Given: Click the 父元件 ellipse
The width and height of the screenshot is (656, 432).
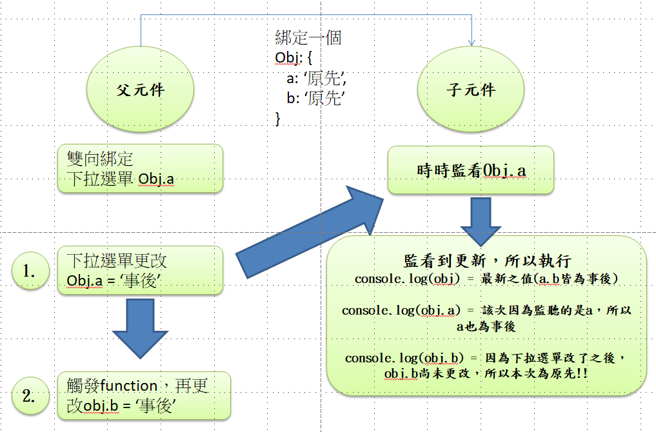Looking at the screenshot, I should click(140, 89).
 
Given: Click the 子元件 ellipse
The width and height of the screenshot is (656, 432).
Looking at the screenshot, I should click(471, 89).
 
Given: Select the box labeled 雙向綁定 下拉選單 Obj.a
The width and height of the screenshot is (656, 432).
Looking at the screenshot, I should click(140, 168).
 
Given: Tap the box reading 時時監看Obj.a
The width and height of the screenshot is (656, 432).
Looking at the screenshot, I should click(471, 170).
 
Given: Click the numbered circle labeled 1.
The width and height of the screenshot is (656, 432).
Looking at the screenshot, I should click(30, 271).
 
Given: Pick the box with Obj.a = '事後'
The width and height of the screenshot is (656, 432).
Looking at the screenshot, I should click(140, 271).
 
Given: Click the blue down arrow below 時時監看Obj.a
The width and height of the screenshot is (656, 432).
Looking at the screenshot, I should click(481, 219).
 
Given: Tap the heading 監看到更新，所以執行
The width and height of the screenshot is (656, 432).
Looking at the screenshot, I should click(487, 261).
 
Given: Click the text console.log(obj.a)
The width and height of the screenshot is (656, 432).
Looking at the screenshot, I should click(401, 310).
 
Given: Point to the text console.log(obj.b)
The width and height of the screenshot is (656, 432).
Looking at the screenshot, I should click(403, 358).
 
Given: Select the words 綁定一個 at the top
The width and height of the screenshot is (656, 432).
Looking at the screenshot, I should click(308, 37).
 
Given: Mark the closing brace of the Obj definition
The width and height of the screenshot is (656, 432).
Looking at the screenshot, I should click(278, 118).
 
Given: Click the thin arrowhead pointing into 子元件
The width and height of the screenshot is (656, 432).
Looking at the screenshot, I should click(472, 41).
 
